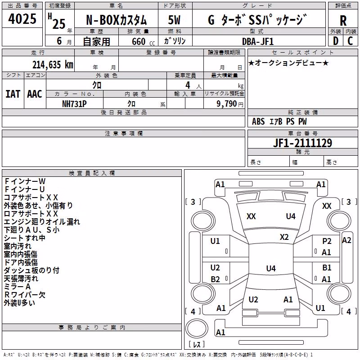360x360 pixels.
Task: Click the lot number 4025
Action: point(22,19)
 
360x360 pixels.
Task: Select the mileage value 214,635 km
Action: point(53,65)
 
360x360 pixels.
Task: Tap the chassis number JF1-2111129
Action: point(302,143)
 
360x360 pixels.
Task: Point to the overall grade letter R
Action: point(343,21)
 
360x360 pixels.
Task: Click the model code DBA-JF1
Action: point(257,42)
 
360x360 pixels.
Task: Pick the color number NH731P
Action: point(74,104)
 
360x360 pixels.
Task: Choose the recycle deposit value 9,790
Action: point(226,104)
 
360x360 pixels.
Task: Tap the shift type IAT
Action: point(13,94)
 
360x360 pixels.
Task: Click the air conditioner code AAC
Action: point(35,94)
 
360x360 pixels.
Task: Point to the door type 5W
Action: point(174,20)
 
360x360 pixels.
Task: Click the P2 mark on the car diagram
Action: point(327,241)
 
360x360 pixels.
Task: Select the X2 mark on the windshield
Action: point(284,237)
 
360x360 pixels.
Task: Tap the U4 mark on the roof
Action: point(271,268)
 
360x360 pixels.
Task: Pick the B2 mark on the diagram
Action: point(216,279)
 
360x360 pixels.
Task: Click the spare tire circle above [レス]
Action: point(197,328)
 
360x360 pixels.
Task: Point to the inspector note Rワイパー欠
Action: point(25,295)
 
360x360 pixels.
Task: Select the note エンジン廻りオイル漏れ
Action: point(42,221)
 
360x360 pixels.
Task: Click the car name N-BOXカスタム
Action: point(117,20)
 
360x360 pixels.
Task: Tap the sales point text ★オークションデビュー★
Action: point(288,63)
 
